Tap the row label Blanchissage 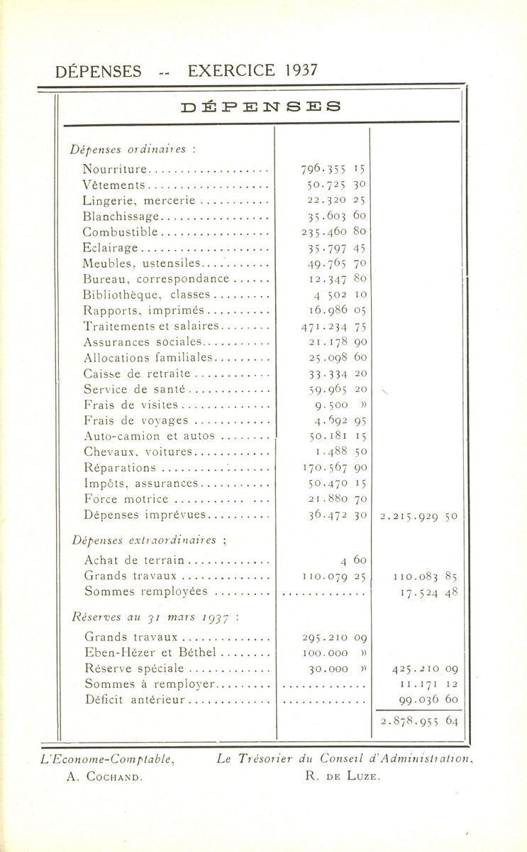tap(123, 216)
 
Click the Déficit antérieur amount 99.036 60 tap(424, 699)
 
